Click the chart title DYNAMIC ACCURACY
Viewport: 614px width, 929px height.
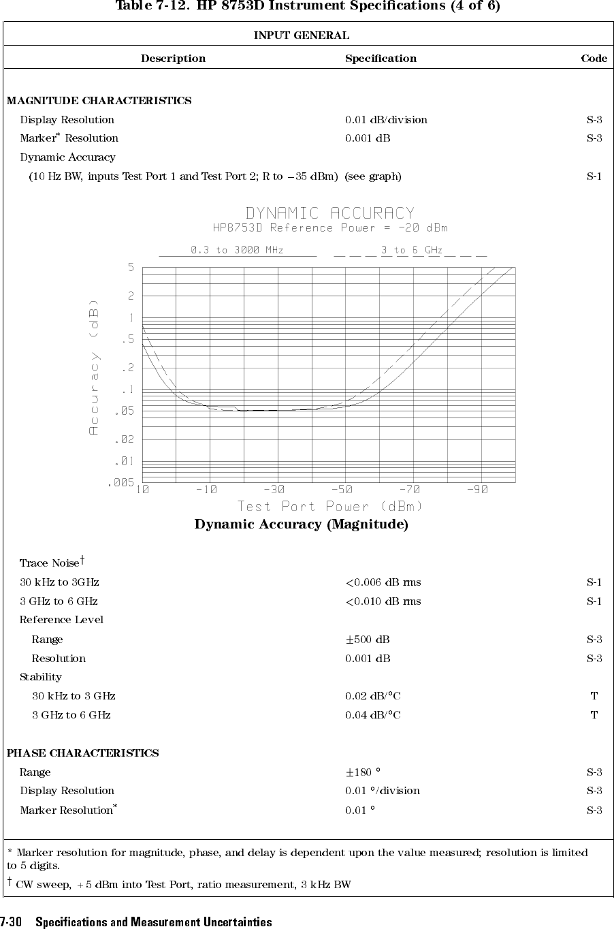[329, 214]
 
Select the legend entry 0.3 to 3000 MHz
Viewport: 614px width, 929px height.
[237, 250]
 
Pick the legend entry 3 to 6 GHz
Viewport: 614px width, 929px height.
[412, 250]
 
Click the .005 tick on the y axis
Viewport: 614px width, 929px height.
[120, 483]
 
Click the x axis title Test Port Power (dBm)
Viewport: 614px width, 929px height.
[330, 506]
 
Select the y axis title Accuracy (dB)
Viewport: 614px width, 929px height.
[94, 367]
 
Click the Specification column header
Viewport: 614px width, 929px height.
[381, 59]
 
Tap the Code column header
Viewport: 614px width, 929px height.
[594, 59]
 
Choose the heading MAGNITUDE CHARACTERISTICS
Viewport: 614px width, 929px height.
[99, 101]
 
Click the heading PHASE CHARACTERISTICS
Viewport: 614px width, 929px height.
[82, 753]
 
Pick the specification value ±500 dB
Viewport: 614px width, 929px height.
[368, 640]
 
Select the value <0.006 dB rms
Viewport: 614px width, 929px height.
[383, 582]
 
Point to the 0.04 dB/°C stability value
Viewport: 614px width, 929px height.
[372, 715]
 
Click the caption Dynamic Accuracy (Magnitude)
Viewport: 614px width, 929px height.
[302, 524]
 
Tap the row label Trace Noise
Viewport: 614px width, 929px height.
[50, 563]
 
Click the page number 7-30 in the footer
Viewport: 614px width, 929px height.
[12, 922]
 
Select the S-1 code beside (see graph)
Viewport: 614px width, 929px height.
[594, 176]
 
